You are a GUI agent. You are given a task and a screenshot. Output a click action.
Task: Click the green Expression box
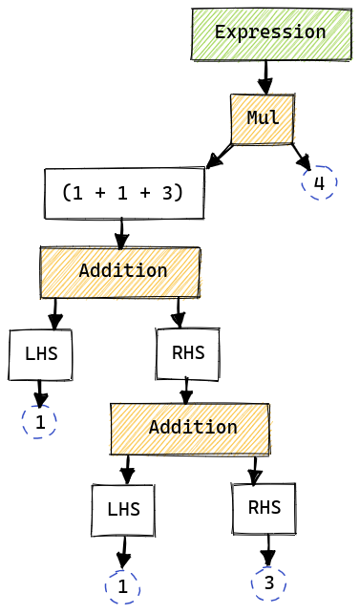click(x=272, y=34)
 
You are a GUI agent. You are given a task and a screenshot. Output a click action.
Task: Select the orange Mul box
click(x=263, y=119)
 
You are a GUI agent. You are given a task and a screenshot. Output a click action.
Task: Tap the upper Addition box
click(x=120, y=273)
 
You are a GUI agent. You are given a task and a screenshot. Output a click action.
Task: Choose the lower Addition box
click(x=191, y=429)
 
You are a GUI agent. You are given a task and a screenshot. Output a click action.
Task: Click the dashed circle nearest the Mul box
click(x=319, y=182)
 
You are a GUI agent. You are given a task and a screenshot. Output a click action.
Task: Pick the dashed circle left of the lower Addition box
click(x=39, y=421)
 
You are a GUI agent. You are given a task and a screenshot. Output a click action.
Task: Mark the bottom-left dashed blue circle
click(x=122, y=587)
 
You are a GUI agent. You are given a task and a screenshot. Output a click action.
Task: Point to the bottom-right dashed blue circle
click(x=268, y=583)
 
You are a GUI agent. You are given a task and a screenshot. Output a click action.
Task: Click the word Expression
click(x=271, y=32)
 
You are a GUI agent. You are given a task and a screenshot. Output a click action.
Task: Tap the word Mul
click(x=263, y=118)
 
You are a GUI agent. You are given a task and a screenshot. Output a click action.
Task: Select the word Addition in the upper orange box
click(x=123, y=271)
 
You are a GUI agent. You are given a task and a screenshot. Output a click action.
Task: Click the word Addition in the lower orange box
click(x=193, y=427)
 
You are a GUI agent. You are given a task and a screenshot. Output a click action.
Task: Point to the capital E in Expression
click(x=221, y=32)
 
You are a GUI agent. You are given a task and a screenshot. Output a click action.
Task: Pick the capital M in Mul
click(x=253, y=118)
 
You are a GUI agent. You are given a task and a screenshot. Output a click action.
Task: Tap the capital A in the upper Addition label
click(x=84, y=271)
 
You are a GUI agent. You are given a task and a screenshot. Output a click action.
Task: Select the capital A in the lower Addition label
click(x=154, y=427)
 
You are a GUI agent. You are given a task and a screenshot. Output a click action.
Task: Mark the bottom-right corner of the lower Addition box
click(x=269, y=454)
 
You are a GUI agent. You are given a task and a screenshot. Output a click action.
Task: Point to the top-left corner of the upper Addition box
click(x=42, y=249)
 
